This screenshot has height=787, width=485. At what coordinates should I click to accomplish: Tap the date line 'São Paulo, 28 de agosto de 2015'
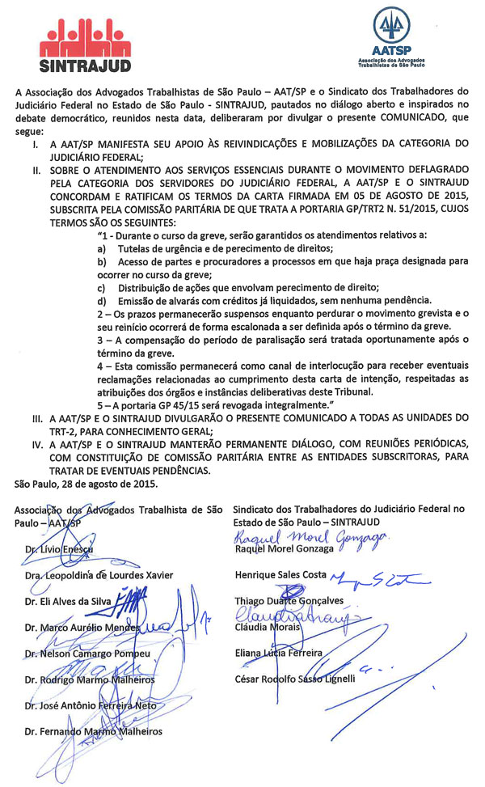pos(86,484)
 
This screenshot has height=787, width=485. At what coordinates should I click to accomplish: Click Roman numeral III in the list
pos(36,417)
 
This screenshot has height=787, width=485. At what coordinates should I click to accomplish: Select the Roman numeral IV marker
pos(36,443)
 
